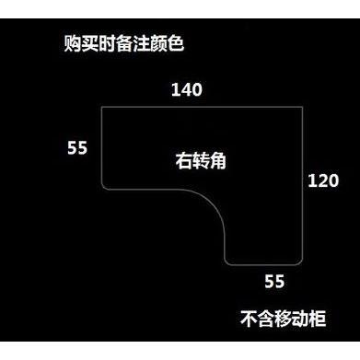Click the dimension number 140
click(187, 89)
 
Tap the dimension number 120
click(323, 180)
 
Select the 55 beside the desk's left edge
click(77, 147)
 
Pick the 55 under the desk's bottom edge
click(274, 281)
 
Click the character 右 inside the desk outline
click(183, 160)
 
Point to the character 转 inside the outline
click(201, 160)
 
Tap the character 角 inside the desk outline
click(218, 160)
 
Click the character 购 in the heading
click(73, 43)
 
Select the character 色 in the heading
click(176, 43)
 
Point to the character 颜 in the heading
click(158, 43)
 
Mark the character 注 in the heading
click(141, 43)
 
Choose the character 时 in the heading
click(107, 43)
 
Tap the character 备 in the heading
click(124, 43)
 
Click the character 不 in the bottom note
click(249, 319)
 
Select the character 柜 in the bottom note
click(317, 319)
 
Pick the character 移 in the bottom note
click(283, 319)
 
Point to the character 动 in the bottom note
click(300, 319)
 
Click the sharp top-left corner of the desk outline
click(102, 107)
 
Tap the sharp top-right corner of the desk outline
click(303, 107)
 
